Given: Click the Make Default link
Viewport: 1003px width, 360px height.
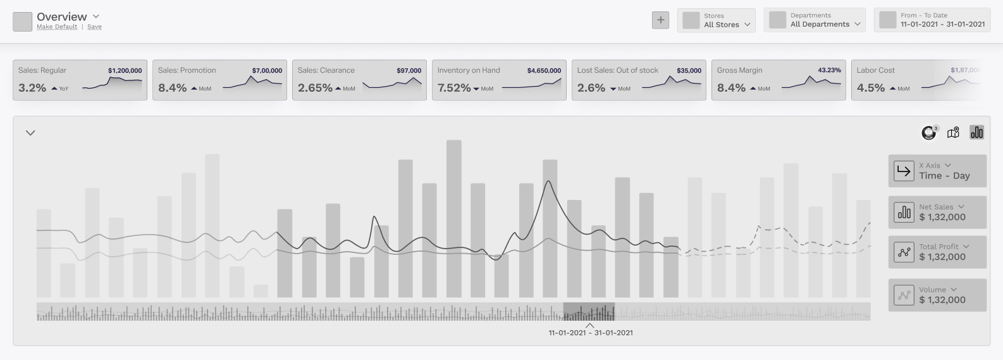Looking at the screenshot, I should tap(57, 27).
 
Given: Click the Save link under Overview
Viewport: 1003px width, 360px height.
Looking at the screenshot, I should tap(94, 27).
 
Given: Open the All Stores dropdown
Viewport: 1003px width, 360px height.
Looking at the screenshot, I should tap(717, 20).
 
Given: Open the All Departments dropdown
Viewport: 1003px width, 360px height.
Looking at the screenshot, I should tap(815, 20).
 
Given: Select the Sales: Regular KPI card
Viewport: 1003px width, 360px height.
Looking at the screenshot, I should tap(80, 80).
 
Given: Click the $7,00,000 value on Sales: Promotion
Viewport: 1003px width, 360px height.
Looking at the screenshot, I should tap(267, 71).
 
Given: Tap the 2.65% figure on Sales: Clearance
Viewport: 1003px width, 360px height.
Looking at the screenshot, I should tap(315, 88).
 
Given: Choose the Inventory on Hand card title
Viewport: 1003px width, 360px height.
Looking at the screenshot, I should tap(469, 70).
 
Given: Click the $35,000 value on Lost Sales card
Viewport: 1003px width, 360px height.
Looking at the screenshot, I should tap(689, 71).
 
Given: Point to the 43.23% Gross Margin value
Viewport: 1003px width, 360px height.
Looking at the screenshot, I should tap(829, 70).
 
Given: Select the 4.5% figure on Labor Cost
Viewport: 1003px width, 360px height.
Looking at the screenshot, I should tap(870, 88).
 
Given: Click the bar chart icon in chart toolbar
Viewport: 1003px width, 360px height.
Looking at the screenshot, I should tap(976, 132).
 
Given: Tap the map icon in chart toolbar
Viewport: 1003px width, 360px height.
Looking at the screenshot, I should tap(953, 132).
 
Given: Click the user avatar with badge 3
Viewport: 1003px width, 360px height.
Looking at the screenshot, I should tap(928, 132).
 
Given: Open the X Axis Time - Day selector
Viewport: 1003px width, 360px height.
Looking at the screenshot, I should tap(937, 171).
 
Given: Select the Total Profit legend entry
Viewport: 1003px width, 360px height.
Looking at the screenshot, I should tap(937, 252).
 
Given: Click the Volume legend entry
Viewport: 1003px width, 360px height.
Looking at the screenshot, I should tap(937, 295).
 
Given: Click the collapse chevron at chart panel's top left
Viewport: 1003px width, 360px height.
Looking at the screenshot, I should tap(30, 133).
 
